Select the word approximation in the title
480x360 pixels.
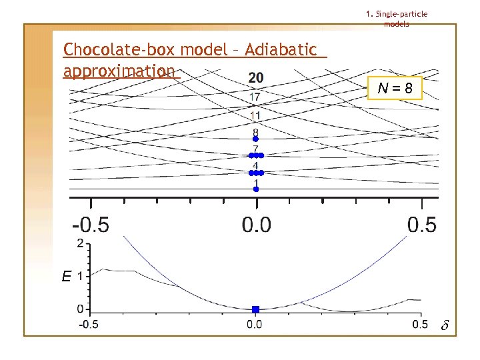pos(119,71)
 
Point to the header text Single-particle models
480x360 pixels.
pos(397,19)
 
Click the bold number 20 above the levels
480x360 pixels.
pos(255,79)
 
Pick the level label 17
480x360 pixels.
pos(255,97)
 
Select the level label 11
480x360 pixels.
pos(255,116)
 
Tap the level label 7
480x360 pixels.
pos(255,149)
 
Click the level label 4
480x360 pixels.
pos(255,165)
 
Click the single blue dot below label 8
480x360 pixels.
pos(255,139)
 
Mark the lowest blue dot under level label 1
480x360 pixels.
pos(255,189)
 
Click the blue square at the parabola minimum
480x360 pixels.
pos(255,309)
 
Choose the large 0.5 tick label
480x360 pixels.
pos(422,224)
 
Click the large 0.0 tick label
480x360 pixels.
pos(257,224)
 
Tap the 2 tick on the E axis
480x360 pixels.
pos(80,243)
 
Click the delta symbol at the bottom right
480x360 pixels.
pos(445,326)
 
